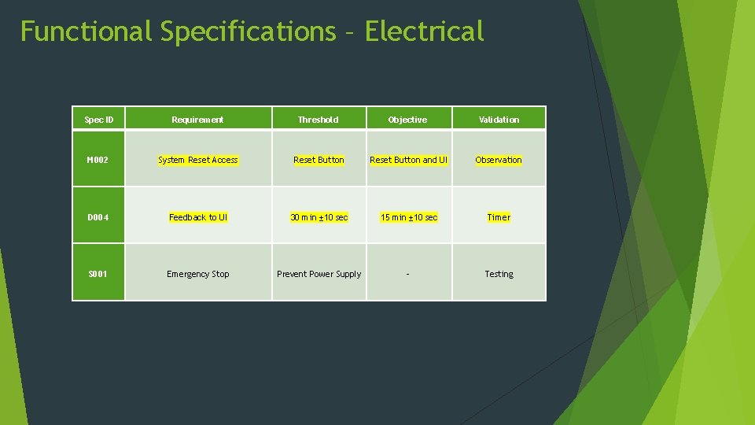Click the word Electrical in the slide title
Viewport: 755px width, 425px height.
coord(425,31)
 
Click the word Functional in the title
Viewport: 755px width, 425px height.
coord(86,31)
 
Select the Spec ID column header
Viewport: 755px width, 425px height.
coord(99,120)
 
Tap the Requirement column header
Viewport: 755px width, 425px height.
coord(198,120)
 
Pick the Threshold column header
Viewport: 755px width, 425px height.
coord(319,120)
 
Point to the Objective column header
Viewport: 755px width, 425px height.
coord(407,120)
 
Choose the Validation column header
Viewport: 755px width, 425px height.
coord(499,120)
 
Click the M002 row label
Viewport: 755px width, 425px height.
coord(98,160)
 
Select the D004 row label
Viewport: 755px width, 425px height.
coord(98,217)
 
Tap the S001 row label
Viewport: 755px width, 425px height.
coord(98,274)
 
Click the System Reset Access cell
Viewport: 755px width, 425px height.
coord(198,160)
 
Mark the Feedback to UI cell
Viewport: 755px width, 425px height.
coord(198,217)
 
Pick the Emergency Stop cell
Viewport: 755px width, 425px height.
coord(198,274)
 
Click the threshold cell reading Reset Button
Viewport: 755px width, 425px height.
coord(319,160)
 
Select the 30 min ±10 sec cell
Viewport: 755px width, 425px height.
coord(319,217)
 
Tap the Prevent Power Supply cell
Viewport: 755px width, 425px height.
coord(319,274)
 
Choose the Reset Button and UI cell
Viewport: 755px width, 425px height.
coord(408,160)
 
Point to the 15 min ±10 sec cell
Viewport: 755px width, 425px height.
coord(408,217)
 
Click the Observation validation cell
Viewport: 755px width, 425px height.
coord(499,160)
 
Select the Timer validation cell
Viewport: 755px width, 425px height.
coord(499,217)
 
